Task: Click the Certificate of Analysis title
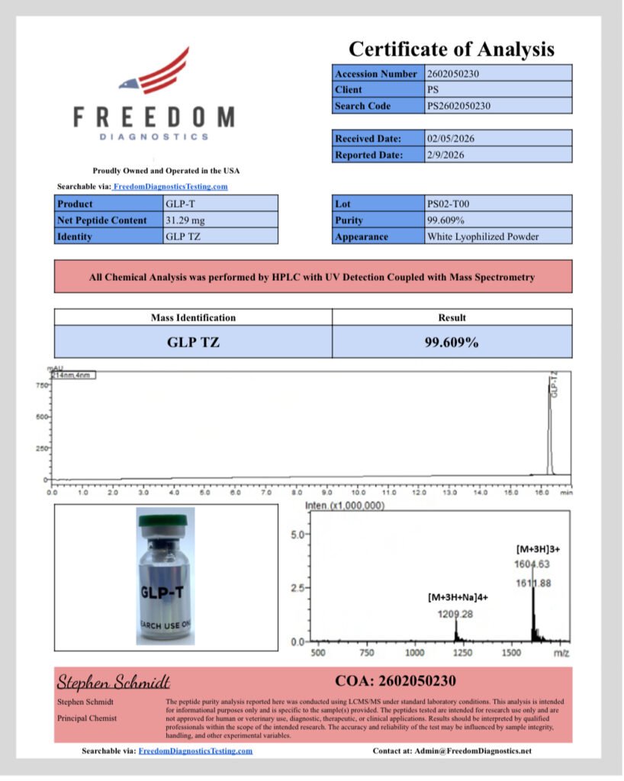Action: (452, 50)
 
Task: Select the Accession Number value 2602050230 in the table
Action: (453, 74)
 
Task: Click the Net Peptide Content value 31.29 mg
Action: (185, 220)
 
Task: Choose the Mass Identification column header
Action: (193, 317)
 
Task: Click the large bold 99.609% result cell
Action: (452, 342)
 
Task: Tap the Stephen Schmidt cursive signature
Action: (114, 681)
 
